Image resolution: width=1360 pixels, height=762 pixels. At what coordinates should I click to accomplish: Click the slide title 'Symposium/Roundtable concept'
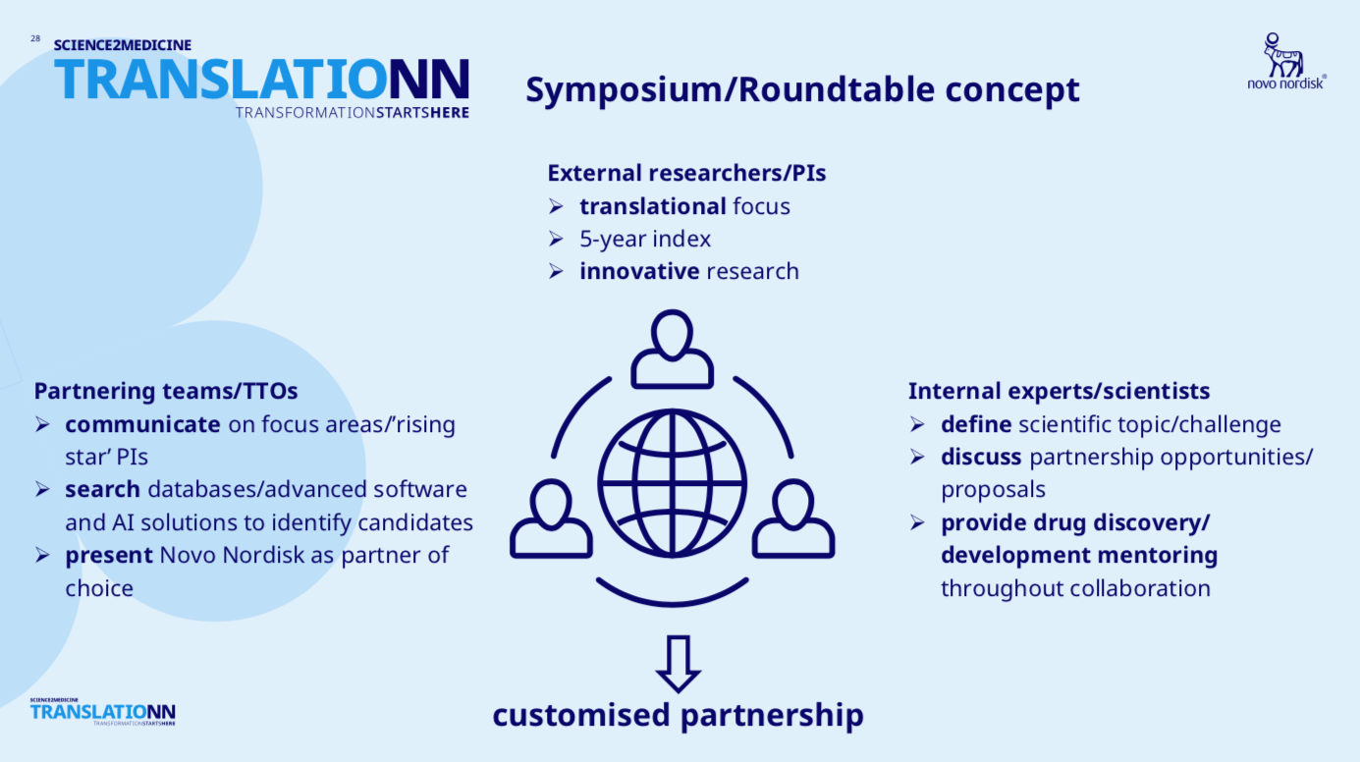(x=802, y=89)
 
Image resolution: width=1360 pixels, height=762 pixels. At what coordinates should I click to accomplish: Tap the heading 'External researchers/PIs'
(x=686, y=174)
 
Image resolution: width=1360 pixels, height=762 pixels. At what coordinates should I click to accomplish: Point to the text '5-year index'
(x=644, y=239)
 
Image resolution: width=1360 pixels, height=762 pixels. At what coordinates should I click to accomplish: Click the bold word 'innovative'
(x=639, y=271)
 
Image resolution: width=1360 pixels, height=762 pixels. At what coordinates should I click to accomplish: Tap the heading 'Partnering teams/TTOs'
(x=166, y=391)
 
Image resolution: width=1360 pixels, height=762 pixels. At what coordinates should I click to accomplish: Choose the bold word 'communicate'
(x=142, y=424)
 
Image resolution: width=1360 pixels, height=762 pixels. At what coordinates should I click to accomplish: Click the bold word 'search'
(x=102, y=489)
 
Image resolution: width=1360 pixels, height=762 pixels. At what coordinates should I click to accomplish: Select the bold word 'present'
(x=109, y=555)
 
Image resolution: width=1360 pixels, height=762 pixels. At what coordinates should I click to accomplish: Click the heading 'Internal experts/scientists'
(x=1059, y=391)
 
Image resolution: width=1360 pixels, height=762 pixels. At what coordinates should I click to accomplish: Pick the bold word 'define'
(x=975, y=424)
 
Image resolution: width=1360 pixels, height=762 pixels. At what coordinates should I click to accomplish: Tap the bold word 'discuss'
(x=981, y=457)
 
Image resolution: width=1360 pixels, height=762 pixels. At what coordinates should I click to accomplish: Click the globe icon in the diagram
(x=672, y=483)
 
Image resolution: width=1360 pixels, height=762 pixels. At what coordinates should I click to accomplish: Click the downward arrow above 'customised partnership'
(x=678, y=664)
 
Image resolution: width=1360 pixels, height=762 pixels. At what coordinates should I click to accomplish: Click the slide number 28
(x=35, y=38)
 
